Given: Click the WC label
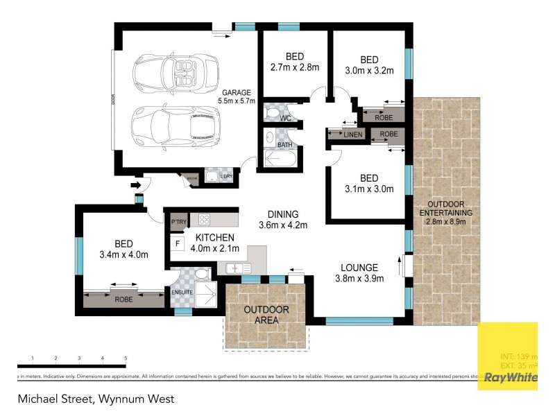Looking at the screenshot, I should tap(285, 118).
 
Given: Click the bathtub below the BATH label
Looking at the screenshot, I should tap(280, 159).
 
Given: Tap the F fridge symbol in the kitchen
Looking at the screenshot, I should tap(178, 244).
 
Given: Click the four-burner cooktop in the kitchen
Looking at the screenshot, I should tap(205, 220).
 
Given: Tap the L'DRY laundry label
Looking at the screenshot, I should tap(225, 177).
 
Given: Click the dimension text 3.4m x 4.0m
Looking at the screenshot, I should tap(124, 254).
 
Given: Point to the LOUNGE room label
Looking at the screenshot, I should tap(359, 267).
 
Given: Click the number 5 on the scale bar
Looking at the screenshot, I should tap(126, 358).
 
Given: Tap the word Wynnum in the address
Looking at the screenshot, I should tap(121, 399).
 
